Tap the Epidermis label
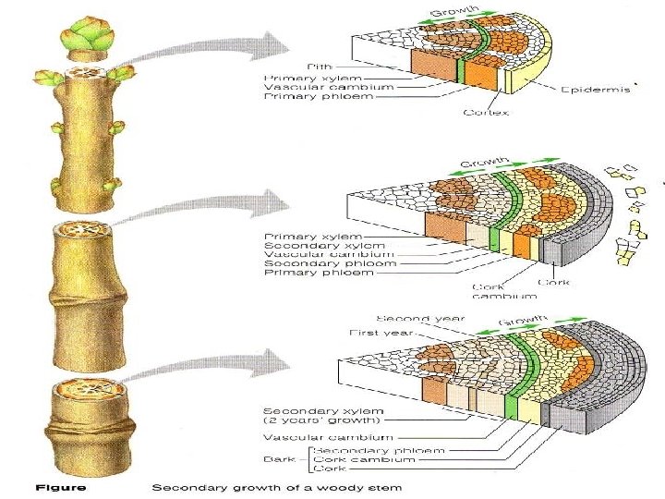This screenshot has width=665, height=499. [596, 89]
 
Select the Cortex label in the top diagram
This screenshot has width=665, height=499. [487, 113]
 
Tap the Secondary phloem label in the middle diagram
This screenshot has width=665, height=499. [330, 263]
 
